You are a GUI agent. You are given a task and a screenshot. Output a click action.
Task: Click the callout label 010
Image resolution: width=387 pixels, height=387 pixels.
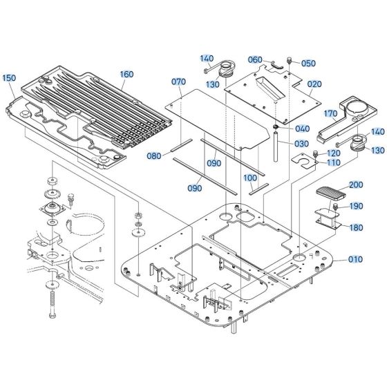click(355, 260)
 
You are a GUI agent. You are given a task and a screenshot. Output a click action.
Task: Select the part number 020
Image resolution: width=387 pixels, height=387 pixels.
click(315, 84)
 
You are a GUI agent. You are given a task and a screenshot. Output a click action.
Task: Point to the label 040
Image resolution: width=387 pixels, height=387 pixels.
click(302, 129)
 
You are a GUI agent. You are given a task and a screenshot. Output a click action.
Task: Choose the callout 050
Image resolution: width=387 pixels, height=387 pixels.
click(308, 64)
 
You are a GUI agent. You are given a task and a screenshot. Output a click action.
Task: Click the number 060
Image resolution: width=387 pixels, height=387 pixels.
click(255, 60)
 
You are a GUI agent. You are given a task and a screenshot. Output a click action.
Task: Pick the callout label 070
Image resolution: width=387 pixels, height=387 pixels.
click(178, 82)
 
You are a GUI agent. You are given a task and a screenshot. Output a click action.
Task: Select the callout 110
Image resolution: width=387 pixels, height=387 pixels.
click(333, 163)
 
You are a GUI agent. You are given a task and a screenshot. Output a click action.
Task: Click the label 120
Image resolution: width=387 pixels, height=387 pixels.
click(333, 153)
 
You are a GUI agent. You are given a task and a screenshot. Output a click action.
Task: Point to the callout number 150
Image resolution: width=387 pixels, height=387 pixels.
click(8, 79)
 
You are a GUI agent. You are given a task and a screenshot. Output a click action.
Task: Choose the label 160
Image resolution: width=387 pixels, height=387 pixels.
click(126, 75)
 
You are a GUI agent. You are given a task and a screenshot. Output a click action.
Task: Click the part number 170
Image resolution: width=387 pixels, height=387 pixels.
click(330, 114)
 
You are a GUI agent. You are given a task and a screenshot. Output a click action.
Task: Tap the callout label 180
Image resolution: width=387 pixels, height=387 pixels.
click(355, 227)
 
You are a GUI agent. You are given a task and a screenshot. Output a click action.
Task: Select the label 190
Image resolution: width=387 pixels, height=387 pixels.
click(355, 207)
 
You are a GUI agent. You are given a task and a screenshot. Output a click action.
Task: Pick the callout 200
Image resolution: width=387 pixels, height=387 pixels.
click(355, 185)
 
